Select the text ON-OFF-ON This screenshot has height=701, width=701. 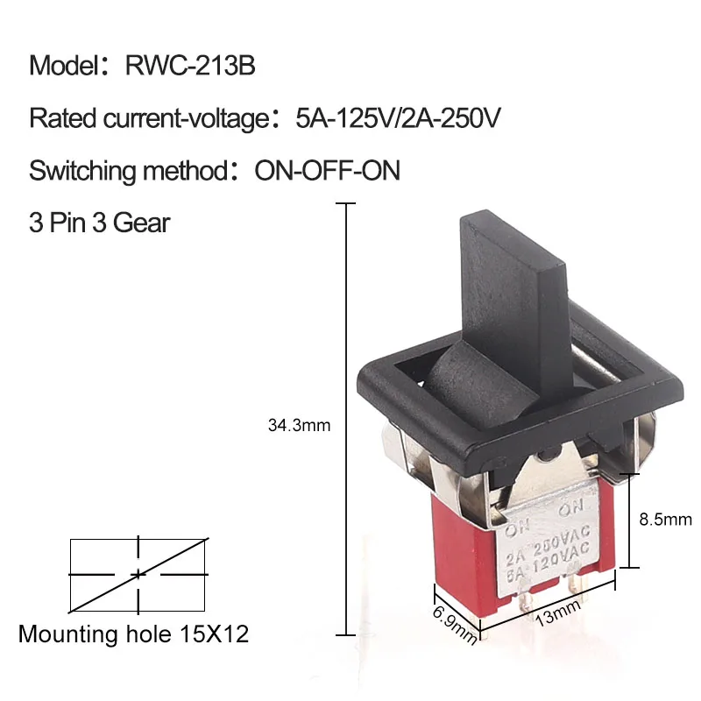(327, 170)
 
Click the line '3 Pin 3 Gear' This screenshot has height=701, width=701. (99, 222)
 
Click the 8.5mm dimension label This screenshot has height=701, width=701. (666, 519)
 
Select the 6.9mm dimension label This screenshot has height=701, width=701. (455, 623)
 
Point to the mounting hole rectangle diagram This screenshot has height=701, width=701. (138, 573)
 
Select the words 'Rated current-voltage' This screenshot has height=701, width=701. (145, 118)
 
